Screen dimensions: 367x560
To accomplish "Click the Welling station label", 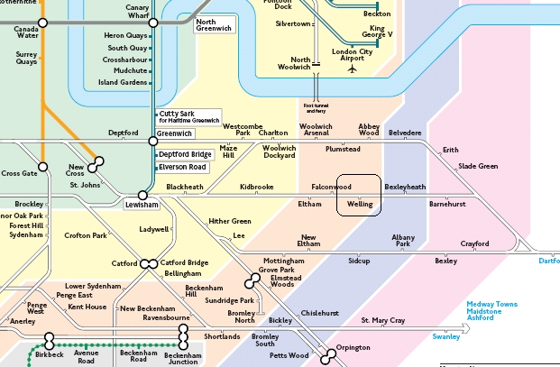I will pos(360,205).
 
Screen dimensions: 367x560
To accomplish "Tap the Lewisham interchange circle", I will pos(142,195).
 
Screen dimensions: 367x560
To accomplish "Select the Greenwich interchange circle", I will pos(151,141).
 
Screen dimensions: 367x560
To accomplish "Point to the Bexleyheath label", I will pos(405,187).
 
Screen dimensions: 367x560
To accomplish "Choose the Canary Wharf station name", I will pos(136,12).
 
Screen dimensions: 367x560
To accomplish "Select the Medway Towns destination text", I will pos(492,304).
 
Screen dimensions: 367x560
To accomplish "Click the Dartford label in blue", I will pos(548,261).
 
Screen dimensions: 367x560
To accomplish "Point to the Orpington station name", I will pos(353,347).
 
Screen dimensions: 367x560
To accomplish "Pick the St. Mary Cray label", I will pos(383,320).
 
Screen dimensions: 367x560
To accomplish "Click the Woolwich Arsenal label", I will pos(316,130).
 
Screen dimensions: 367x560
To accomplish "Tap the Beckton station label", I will pos(377,14).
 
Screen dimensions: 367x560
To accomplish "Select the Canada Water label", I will pos(25,33).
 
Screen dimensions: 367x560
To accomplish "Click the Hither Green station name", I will pos(230,221).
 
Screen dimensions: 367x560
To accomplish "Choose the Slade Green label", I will pos(478,166).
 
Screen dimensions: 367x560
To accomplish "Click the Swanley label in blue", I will pos(445,336).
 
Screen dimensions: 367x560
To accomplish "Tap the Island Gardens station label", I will pos(122,82).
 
